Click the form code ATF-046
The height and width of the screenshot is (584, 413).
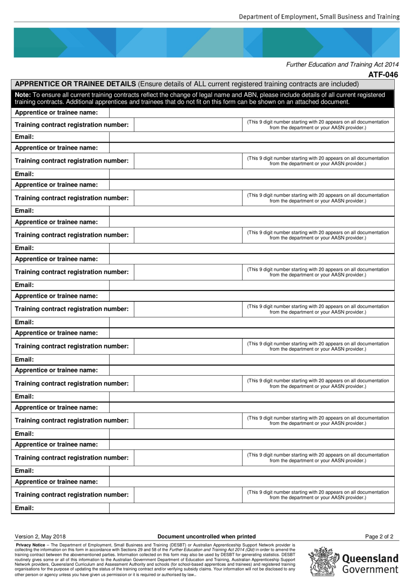[383, 74]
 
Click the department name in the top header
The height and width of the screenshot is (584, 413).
[319, 17]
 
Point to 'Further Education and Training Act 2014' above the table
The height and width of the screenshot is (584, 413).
[342, 64]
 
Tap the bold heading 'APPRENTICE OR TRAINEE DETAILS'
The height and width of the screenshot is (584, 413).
[75, 84]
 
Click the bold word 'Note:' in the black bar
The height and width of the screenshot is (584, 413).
[23, 95]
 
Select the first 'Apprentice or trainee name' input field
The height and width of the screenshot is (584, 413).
[251, 113]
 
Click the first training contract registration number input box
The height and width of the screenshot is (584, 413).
[188, 125]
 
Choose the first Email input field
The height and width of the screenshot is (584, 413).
[251, 137]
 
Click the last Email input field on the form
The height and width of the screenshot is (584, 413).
[251, 508]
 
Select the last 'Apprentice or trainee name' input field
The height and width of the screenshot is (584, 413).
[251, 482]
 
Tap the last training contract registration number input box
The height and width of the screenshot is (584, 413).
[188, 495]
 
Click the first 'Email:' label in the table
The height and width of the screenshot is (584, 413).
[24, 137]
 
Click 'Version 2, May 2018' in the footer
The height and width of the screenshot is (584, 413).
[40, 537]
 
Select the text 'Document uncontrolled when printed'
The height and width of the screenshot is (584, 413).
[206, 537]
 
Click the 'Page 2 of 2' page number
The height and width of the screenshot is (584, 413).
[379, 537]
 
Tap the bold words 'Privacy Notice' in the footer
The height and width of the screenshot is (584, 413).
[30, 545]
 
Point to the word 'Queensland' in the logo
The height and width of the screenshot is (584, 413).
[370, 558]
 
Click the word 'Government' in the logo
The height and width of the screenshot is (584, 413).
[370, 570]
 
